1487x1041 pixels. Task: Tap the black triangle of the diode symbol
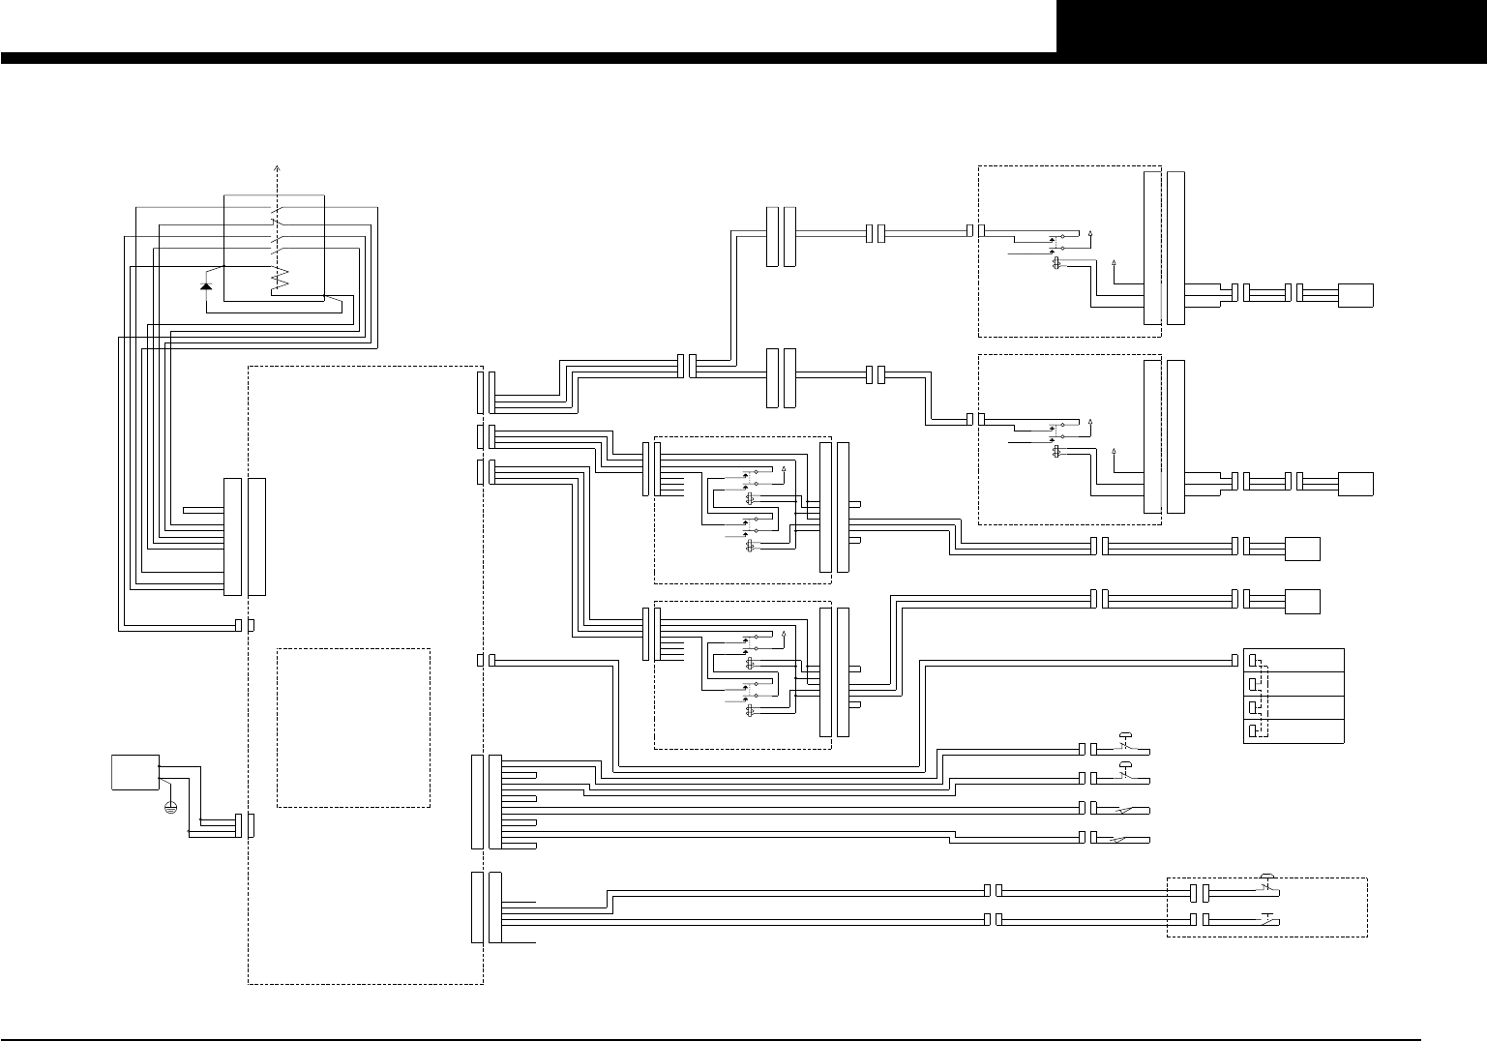click(205, 286)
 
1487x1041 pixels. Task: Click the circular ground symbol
click(171, 806)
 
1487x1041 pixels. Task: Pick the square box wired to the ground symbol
click(135, 771)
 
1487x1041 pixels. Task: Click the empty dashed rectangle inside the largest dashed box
click(353, 728)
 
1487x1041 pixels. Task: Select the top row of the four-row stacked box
click(1294, 660)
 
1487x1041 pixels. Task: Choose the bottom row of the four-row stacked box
click(1294, 731)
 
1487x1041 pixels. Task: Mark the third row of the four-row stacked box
click(1294, 707)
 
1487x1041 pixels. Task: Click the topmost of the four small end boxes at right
click(1355, 294)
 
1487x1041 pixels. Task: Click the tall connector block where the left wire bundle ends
click(232, 536)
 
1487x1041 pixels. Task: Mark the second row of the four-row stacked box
click(1294, 684)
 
